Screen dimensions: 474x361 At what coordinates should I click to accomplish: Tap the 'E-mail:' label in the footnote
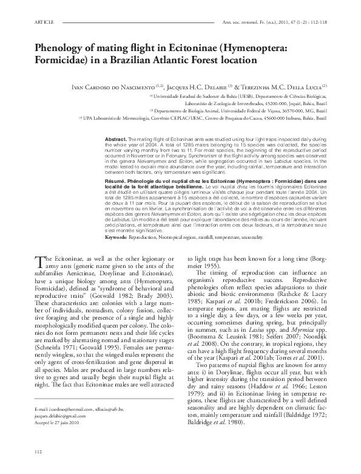[x=42, y=404]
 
